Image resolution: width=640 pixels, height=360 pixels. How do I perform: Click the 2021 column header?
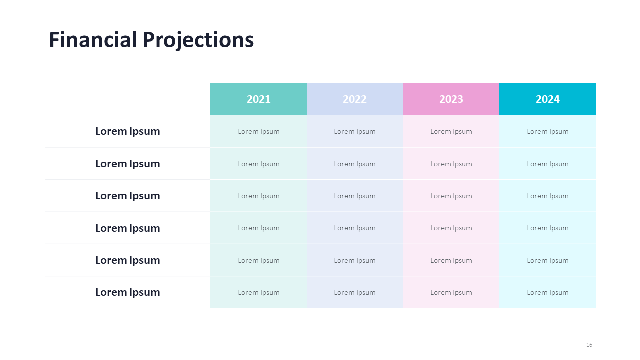(x=258, y=99)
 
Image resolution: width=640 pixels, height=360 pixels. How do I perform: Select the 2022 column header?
(x=355, y=99)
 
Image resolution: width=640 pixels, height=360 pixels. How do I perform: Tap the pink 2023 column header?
(x=451, y=99)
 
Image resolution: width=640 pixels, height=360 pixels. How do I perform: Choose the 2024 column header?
(x=547, y=99)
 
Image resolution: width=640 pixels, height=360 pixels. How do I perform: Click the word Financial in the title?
(x=93, y=39)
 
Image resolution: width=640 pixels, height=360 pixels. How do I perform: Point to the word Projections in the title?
(x=198, y=40)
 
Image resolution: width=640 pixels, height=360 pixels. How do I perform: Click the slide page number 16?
(x=589, y=345)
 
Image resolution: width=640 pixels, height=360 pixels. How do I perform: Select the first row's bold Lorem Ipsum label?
(x=127, y=131)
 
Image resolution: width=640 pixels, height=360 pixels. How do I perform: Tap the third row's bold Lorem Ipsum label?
(x=127, y=196)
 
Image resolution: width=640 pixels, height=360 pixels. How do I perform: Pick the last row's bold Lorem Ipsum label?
(x=127, y=292)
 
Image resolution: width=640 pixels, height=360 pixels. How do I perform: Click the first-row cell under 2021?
(x=258, y=131)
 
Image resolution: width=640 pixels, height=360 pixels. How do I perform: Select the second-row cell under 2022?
(x=355, y=163)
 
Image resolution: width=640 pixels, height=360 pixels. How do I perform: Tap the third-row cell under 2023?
(x=451, y=196)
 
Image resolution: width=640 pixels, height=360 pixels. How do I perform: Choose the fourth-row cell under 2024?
(x=547, y=228)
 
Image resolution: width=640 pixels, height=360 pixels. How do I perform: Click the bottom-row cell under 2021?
(x=258, y=292)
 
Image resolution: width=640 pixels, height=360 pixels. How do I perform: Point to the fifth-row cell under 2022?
(x=355, y=260)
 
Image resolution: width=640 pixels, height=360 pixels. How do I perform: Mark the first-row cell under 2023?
(x=451, y=131)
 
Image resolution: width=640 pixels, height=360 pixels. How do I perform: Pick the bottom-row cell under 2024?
(x=547, y=292)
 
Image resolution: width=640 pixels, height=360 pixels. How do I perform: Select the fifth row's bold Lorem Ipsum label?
(x=127, y=260)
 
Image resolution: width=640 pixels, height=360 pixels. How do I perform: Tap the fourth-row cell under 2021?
(x=258, y=228)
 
